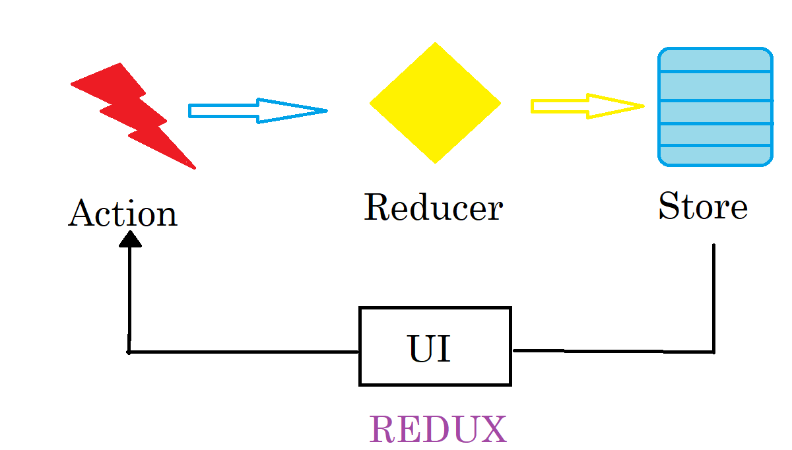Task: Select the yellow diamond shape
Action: click(x=435, y=103)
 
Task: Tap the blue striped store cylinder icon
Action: click(x=715, y=106)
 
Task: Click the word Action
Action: click(x=123, y=214)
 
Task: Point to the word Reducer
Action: click(x=433, y=207)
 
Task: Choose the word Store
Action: click(x=702, y=206)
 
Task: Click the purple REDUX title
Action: click(x=438, y=430)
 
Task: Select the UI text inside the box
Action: click(x=430, y=348)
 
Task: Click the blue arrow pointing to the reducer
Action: click(x=257, y=110)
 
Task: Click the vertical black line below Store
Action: click(x=713, y=297)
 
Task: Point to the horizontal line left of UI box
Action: click(x=244, y=352)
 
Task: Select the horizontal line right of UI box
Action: click(x=614, y=351)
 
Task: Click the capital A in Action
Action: click(x=81, y=213)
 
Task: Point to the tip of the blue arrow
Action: click(x=325, y=110)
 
